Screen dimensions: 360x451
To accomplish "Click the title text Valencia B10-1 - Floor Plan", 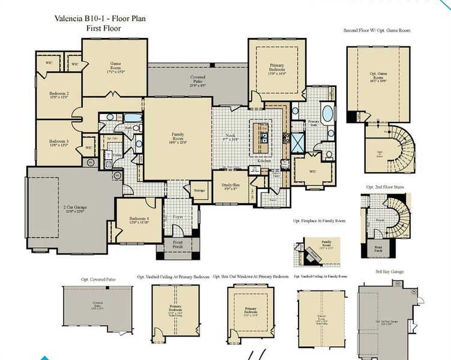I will point(98,19).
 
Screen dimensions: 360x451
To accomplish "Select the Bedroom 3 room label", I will point(58,142).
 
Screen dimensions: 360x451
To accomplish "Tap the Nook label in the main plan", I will point(232,137).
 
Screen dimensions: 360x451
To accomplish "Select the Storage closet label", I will point(199,191).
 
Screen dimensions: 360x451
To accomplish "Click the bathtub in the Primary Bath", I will point(328,113).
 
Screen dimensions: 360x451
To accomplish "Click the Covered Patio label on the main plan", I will point(198,80).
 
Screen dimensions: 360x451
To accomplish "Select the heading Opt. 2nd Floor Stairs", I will point(384,188).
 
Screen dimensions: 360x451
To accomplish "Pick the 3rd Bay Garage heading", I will point(389,272).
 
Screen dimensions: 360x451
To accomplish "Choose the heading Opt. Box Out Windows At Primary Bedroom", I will point(250,277).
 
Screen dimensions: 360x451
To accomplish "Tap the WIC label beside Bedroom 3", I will point(88,147).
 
